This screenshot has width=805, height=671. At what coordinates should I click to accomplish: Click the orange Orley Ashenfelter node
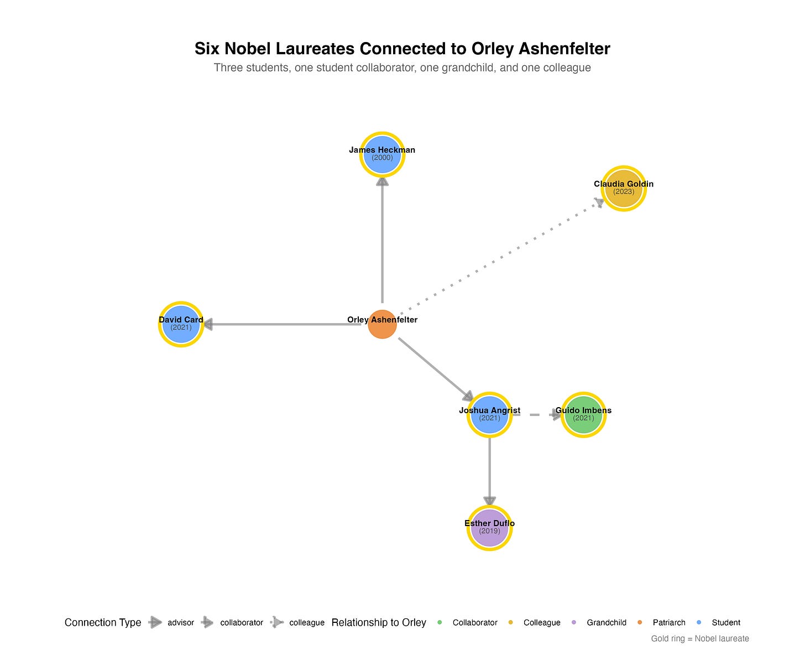[382, 325]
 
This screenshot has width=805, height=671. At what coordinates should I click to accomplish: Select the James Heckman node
[382, 154]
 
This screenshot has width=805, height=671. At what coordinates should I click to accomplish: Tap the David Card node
[181, 325]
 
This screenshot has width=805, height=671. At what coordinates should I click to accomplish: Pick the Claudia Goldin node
[624, 189]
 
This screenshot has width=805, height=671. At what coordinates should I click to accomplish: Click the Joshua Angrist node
[489, 415]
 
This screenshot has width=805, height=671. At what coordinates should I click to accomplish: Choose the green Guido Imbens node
[583, 415]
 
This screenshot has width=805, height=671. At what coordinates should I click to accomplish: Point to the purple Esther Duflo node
[489, 528]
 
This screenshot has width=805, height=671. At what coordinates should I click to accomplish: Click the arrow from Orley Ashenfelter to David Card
[282, 324]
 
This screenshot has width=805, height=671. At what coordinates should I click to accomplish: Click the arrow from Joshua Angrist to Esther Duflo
[489, 470]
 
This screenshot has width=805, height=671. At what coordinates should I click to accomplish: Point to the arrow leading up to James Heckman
[382, 238]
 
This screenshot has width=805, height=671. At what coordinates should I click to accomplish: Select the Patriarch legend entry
[668, 622]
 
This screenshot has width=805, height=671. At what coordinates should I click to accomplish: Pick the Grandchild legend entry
[606, 622]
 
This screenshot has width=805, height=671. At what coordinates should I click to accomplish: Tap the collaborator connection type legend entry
[241, 622]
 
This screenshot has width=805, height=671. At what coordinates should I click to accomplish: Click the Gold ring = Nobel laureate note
[699, 638]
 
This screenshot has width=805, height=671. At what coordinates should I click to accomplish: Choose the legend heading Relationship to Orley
[379, 622]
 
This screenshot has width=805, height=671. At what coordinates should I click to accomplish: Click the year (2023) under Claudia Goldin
[624, 192]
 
